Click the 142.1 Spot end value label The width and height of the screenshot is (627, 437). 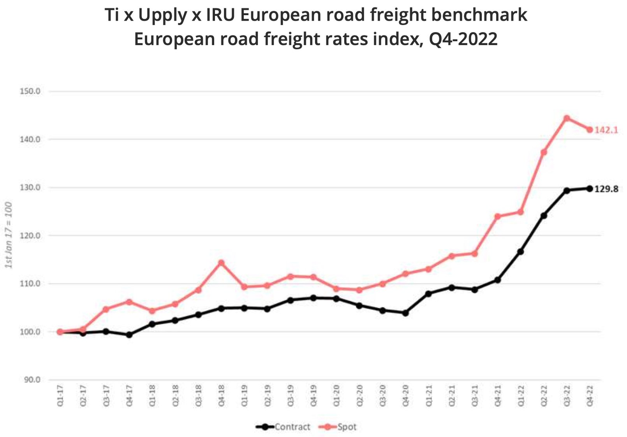click(606, 130)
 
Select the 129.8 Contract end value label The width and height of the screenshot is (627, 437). click(606, 190)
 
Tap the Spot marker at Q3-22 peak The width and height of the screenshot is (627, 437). click(567, 118)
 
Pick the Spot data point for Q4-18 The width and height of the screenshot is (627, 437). click(221, 263)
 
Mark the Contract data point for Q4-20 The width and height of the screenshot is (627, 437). click(405, 313)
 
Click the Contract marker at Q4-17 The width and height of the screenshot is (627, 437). click(129, 335)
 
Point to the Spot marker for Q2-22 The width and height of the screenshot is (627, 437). click(544, 152)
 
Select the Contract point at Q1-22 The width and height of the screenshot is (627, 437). click(520, 252)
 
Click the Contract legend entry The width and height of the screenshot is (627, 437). click(284, 427)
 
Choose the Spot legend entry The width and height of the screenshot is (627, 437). click(338, 427)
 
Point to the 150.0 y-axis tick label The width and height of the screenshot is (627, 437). click(30, 91)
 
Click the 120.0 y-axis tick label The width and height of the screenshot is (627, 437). click(30, 235)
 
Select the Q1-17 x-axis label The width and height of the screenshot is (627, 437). click(60, 396)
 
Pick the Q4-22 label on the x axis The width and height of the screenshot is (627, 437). click(590, 396)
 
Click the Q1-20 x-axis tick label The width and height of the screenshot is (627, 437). click(336, 396)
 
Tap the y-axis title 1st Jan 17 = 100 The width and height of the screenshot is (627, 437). click(9, 235)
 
